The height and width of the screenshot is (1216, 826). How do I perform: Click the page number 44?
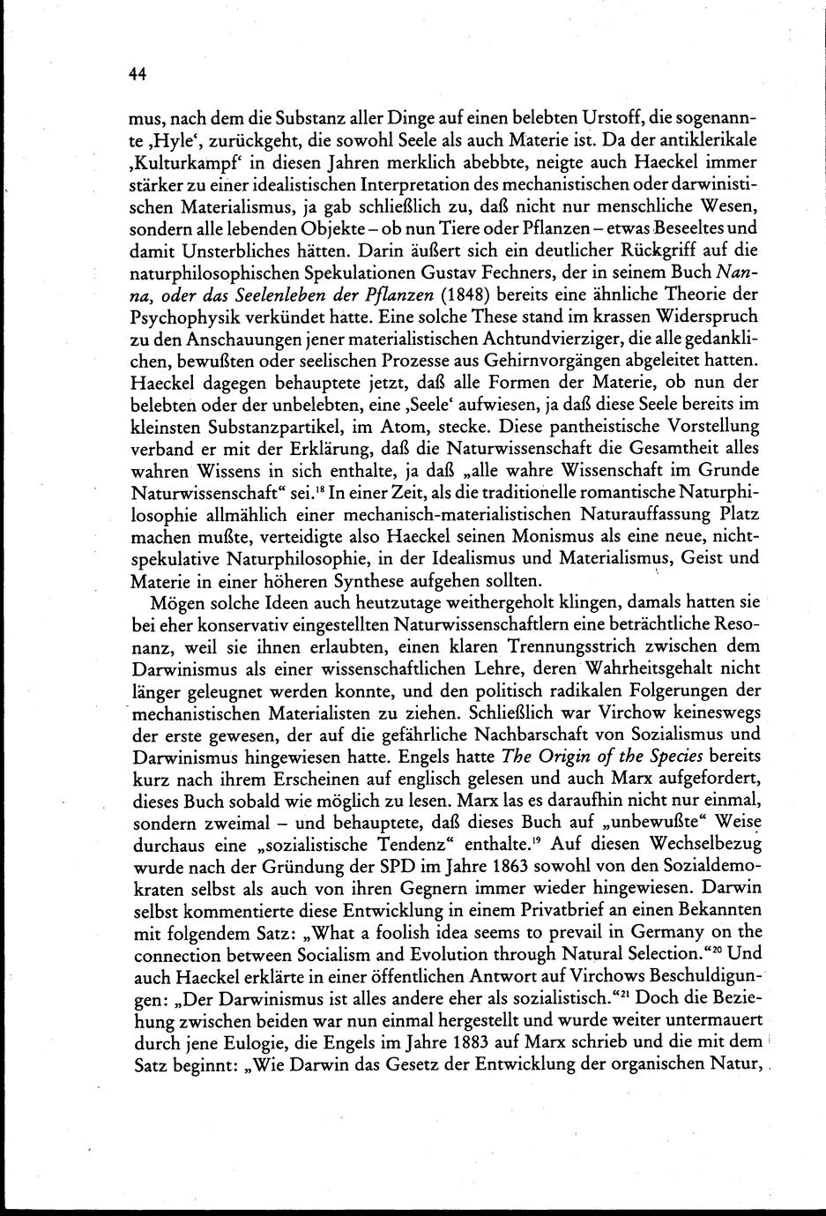136,75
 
